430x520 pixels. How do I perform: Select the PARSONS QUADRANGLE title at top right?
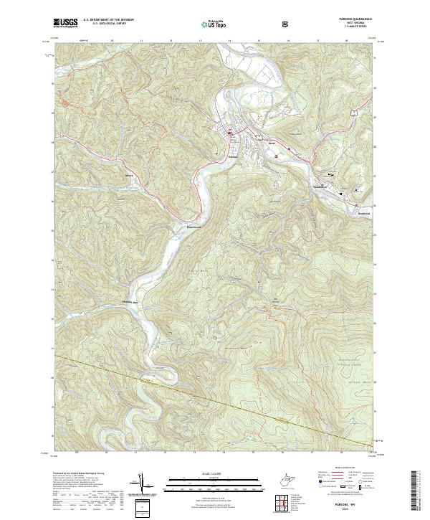359,19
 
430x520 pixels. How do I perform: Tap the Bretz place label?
272,143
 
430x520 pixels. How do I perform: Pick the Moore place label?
129,175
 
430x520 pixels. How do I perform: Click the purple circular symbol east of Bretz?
289,150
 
